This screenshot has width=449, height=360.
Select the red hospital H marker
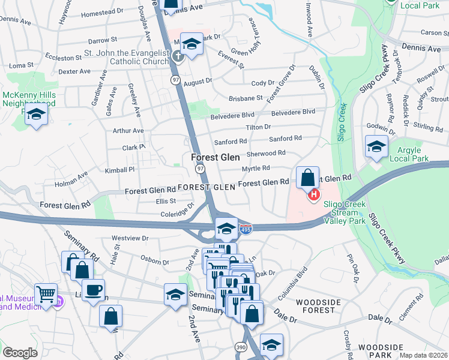(313, 194)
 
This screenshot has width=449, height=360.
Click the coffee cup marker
(92, 291)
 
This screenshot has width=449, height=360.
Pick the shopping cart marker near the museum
(46, 295)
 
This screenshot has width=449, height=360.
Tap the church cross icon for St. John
(178, 57)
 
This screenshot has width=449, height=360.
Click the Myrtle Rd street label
(256, 169)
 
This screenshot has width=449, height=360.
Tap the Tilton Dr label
(258, 127)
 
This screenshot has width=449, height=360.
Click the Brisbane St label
(246, 98)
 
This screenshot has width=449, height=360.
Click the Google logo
(20, 353)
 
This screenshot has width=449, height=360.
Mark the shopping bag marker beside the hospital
(307, 178)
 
